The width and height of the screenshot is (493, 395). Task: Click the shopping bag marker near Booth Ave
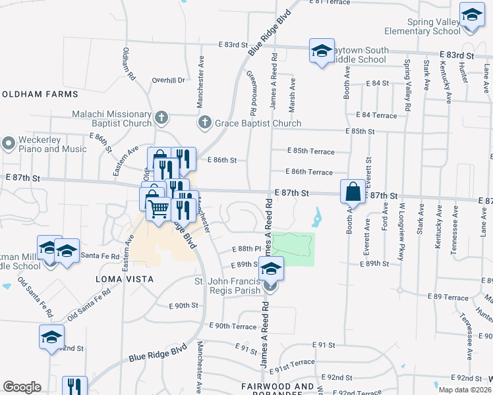[353, 192]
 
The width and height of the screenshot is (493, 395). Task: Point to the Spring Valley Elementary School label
[434, 26]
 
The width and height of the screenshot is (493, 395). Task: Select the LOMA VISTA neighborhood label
[125, 279]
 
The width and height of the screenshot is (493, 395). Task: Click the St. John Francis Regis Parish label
[227, 287]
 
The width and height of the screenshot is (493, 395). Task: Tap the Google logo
[22, 386]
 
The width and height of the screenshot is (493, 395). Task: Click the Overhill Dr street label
[168, 80]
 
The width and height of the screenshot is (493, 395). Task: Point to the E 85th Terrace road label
[313, 151]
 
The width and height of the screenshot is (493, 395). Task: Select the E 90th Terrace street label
[232, 327]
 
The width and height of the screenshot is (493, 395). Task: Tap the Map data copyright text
[464, 390]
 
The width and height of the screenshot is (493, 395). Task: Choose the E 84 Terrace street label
[376, 115]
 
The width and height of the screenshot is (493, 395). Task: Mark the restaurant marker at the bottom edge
[74, 386]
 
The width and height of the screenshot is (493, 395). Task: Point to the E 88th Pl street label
[248, 249]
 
